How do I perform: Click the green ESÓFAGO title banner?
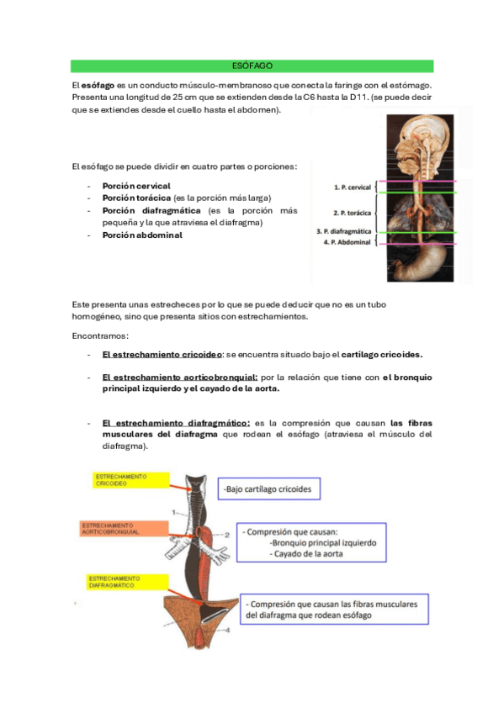click(252, 66)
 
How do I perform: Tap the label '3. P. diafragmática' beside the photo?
click(343, 230)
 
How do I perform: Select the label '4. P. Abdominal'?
click(347, 242)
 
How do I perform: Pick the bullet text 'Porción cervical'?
click(136, 185)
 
